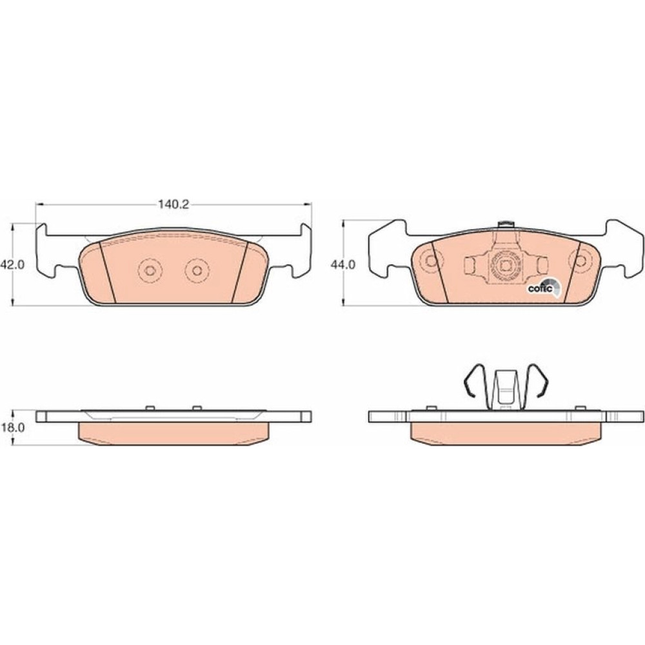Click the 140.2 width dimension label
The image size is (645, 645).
pyautogui.click(x=174, y=204)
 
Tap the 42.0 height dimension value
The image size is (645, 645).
pyautogui.click(x=12, y=265)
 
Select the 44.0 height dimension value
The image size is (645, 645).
pyautogui.click(x=343, y=265)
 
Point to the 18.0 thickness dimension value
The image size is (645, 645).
pyautogui.click(x=13, y=428)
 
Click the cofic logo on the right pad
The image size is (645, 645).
pyautogui.click(x=544, y=288)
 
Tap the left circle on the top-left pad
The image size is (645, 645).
pyautogui.click(x=150, y=270)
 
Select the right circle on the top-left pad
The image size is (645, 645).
pyautogui.click(x=197, y=270)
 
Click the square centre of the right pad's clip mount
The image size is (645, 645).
pyautogui.click(x=504, y=266)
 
